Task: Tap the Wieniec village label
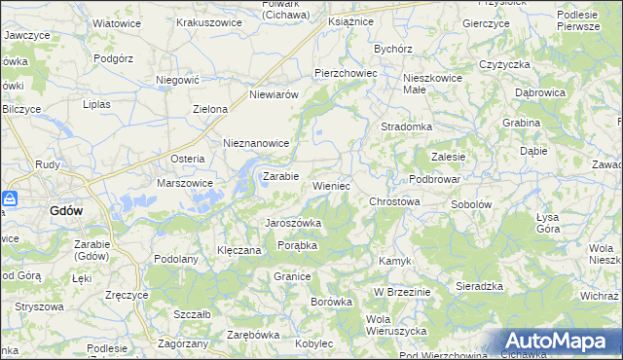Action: point(331,185)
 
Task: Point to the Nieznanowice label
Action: point(257,142)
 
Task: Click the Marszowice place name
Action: point(185,182)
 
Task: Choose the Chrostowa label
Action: point(394,201)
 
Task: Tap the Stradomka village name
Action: point(406,126)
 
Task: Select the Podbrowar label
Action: point(434,179)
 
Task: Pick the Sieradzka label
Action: point(479,286)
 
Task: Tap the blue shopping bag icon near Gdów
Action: point(10,198)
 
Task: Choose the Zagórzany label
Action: point(182,344)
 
